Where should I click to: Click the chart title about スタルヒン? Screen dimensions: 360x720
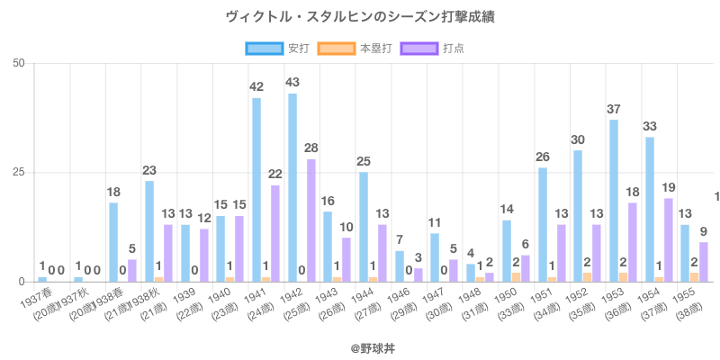tap(360, 17)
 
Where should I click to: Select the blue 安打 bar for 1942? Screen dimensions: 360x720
tap(292, 187)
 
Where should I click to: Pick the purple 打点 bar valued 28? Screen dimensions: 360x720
tap(310, 220)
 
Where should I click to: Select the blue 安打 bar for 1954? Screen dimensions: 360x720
tap(650, 209)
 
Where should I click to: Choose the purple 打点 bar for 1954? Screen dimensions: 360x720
tap(668, 240)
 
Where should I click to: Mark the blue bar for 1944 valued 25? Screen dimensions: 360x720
tap(364, 227)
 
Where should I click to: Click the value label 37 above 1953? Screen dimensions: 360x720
tap(614, 110)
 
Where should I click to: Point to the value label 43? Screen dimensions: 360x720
tap(292, 83)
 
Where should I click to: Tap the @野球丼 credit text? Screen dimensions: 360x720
tap(360, 346)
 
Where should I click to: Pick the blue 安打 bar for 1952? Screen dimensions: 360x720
tap(578, 216)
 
